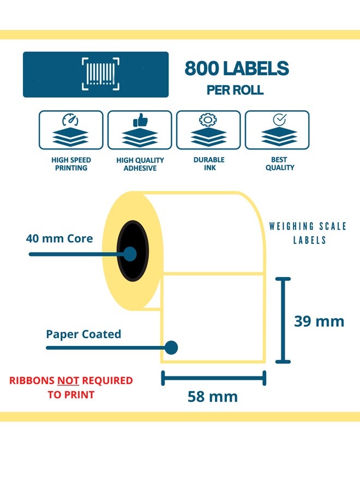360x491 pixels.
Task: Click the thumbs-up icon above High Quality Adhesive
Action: (x=140, y=119)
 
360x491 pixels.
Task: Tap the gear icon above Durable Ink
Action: (x=208, y=119)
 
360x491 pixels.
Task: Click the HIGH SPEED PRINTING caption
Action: (x=71, y=164)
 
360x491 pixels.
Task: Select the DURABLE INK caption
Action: (x=209, y=164)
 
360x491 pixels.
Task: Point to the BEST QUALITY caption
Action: (x=280, y=164)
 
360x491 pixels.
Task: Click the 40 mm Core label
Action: (x=59, y=238)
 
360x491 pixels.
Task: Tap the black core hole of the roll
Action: (x=133, y=251)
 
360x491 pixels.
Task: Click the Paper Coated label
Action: (x=83, y=334)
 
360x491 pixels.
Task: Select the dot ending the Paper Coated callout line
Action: (x=172, y=347)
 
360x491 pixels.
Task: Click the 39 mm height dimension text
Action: (x=319, y=321)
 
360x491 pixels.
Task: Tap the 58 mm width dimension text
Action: (x=213, y=397)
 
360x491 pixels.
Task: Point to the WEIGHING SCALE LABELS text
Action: (x=308, y=233)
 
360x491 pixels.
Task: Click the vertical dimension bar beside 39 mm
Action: (x=282, y=320)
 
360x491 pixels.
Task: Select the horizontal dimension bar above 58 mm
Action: (x=213, y=377)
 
